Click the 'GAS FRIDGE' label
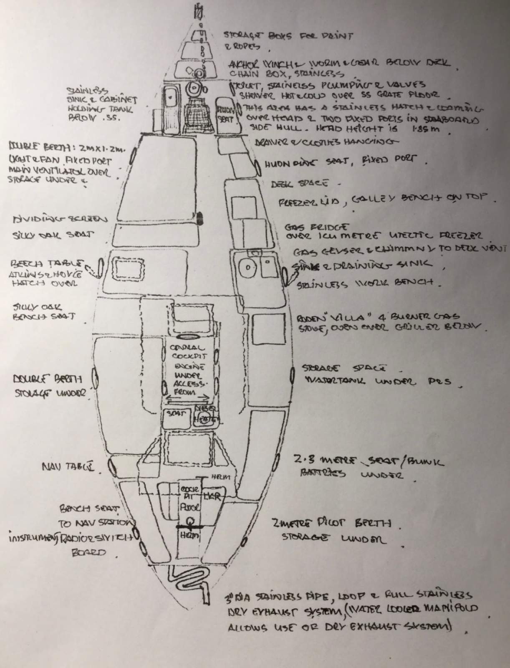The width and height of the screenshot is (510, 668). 317,228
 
